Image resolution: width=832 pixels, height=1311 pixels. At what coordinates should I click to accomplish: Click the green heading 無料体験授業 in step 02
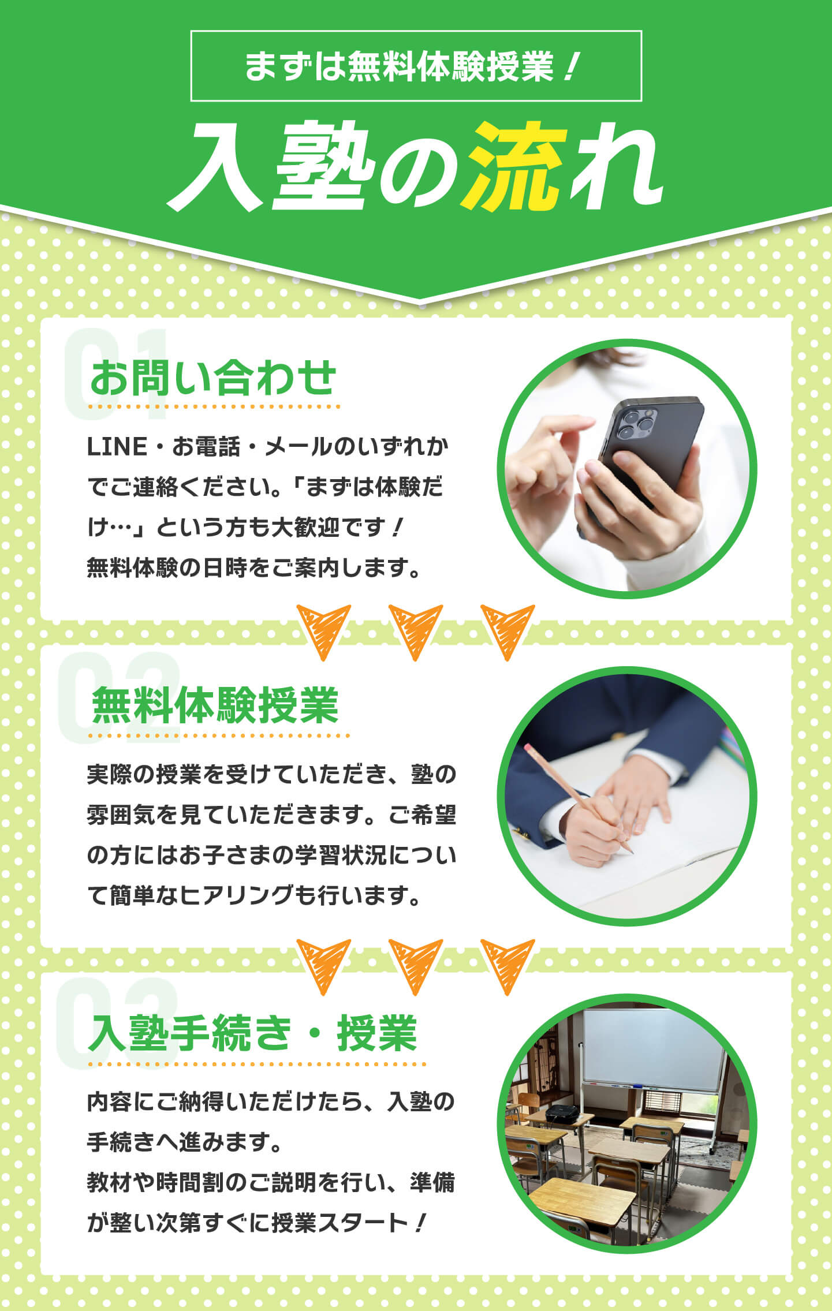click(215, 705)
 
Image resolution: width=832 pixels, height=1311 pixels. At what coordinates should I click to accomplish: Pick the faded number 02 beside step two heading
click(119, 698)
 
